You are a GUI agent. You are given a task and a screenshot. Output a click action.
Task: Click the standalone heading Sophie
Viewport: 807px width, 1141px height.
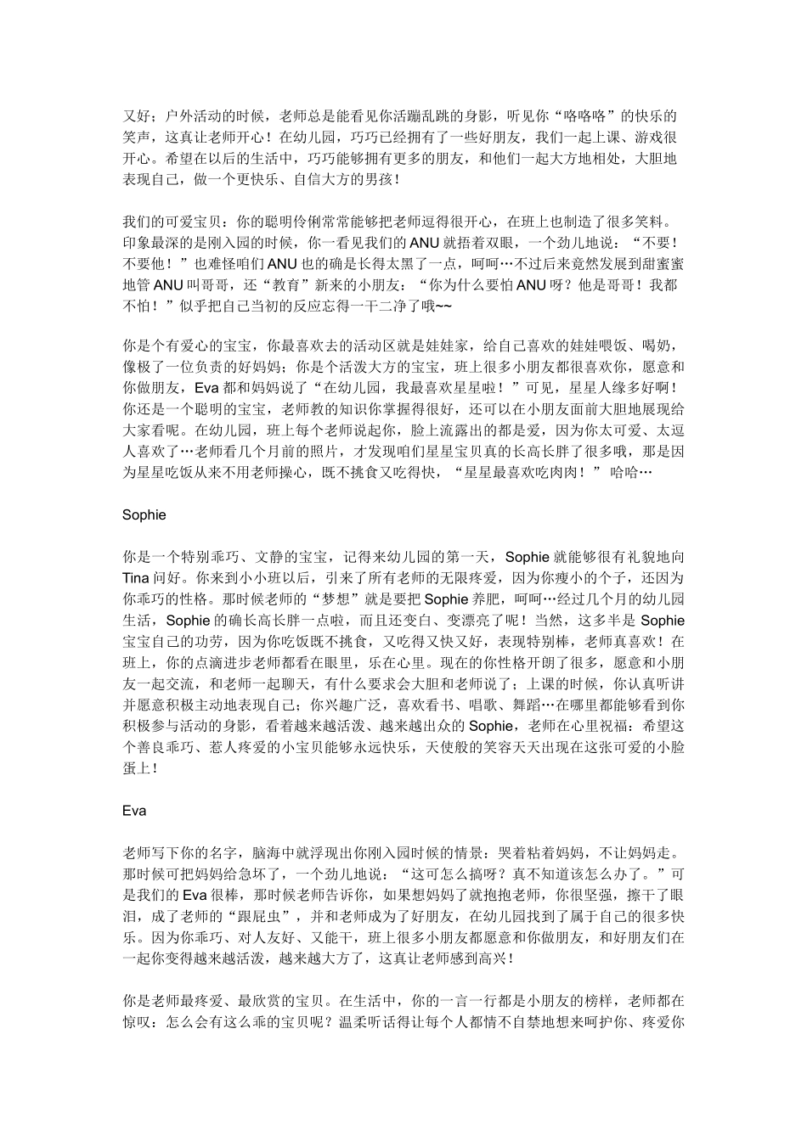pos(144,514)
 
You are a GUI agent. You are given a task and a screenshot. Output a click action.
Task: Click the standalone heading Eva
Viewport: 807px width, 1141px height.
pos(134,811)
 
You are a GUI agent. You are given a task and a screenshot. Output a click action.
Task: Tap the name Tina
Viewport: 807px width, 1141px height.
pos(136,578)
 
